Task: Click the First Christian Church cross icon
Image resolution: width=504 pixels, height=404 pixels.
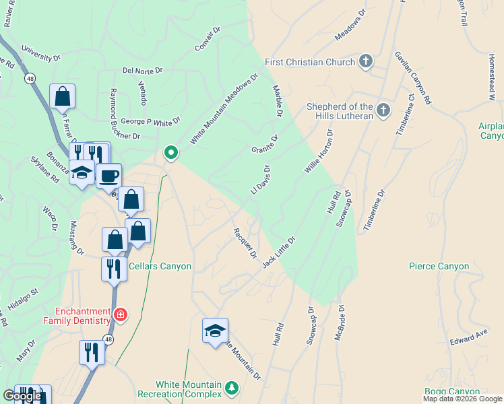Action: [x=366, y=63]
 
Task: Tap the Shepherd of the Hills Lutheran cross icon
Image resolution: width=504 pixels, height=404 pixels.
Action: [x=383, y=110]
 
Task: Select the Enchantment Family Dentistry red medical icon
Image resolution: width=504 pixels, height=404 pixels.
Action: [x=121, y=314]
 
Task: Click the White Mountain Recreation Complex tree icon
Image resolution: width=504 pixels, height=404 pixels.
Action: [x=232, y=388]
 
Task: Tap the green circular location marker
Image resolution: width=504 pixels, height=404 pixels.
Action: [x=171, y=153]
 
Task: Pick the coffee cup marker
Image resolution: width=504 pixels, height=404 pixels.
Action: [x=108, y=176]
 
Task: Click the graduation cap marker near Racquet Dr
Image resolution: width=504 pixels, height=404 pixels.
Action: [x=216, y=331]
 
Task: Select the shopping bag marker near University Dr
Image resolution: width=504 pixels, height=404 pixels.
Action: [x=62, y=96]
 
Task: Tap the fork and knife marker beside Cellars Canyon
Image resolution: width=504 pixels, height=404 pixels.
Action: [x=114, y=269]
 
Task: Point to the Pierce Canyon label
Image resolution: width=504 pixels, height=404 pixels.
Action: [x=439, y=267]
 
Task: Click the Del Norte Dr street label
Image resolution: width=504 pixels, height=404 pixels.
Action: [x=143, y=69]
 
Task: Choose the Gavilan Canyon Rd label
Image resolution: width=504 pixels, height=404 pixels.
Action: [x=413, y=77]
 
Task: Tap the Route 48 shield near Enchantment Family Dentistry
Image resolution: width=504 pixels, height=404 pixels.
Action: [x=108, y=340]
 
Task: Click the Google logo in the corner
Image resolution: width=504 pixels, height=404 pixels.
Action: [x=22, y=396]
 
